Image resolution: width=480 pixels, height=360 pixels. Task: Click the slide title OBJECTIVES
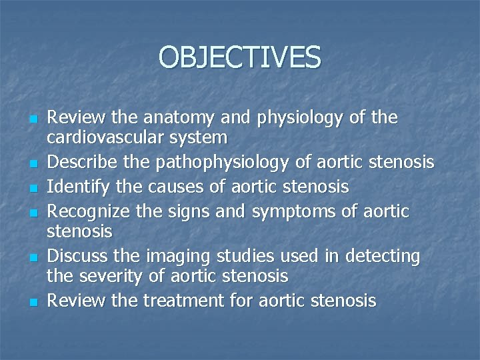coord(240,57)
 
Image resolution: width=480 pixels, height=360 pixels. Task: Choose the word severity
coord(113,275)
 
